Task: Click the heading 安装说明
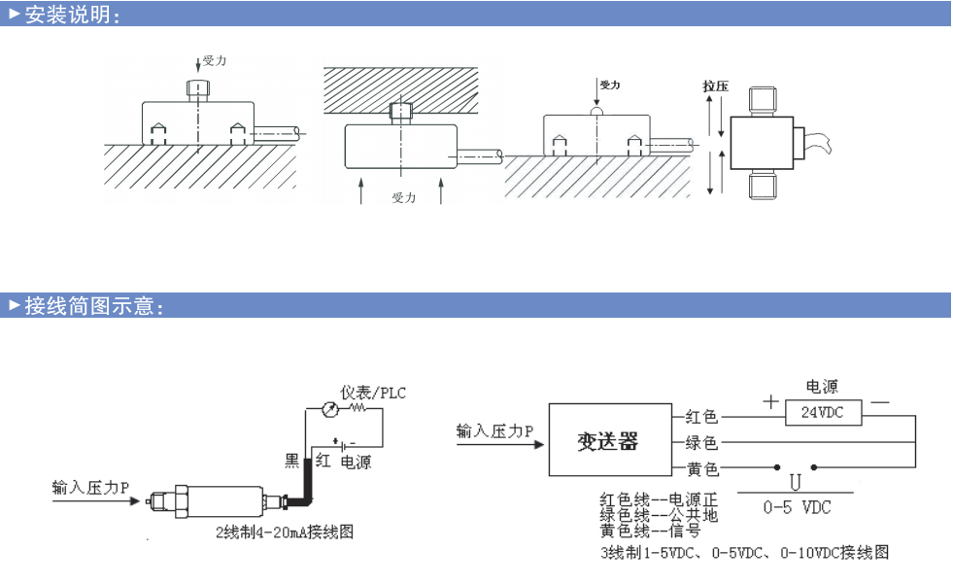point(70,15)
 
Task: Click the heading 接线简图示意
point(90,306)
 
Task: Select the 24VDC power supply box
point(821,412)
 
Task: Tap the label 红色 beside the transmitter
point(701,417)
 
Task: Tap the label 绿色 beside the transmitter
point(701,443)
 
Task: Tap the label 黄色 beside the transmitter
point(701,469)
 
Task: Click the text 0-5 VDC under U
point(797,507)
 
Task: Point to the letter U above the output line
point(795,482)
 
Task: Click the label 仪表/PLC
point(373,393)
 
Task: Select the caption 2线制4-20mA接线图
point(284,532)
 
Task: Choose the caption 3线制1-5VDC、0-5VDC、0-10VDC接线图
point(744,552)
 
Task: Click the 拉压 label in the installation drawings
point(715,86)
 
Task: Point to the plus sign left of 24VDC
point(770,400)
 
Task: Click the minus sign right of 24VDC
point(880,400)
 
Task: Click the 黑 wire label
point(291,460)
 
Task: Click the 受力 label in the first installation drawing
point(215,60)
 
